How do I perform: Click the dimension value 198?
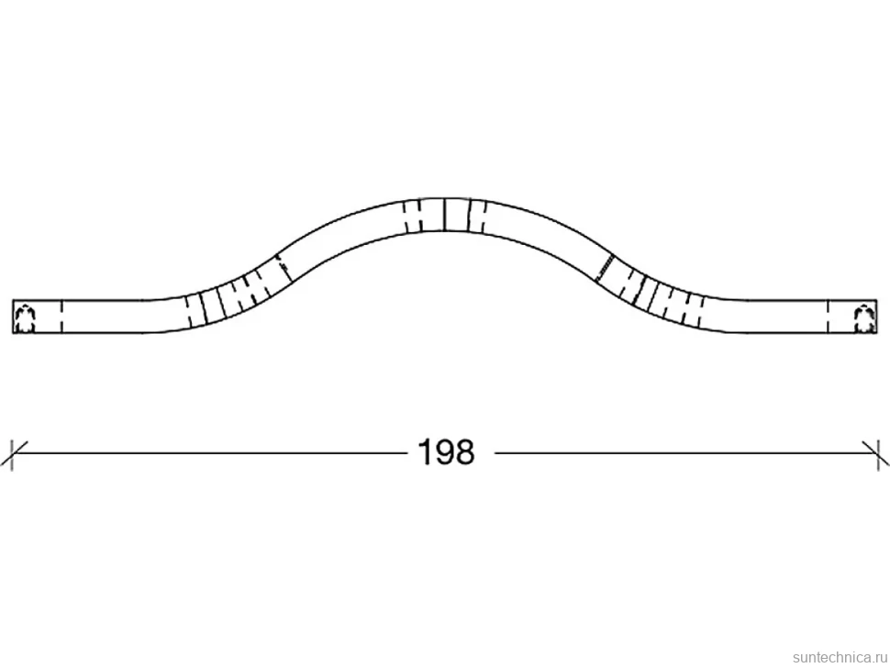click(x=446, y=452)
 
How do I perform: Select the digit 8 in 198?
click(x=465, y=452)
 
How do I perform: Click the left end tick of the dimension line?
click(x=12, y=452)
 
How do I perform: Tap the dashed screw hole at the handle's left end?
click(x=25, y=317)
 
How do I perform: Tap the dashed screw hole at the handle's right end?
click(x=864, y=317)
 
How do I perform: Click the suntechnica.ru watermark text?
click(x=839, y=657)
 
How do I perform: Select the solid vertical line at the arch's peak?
click(x=444, y=215)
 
